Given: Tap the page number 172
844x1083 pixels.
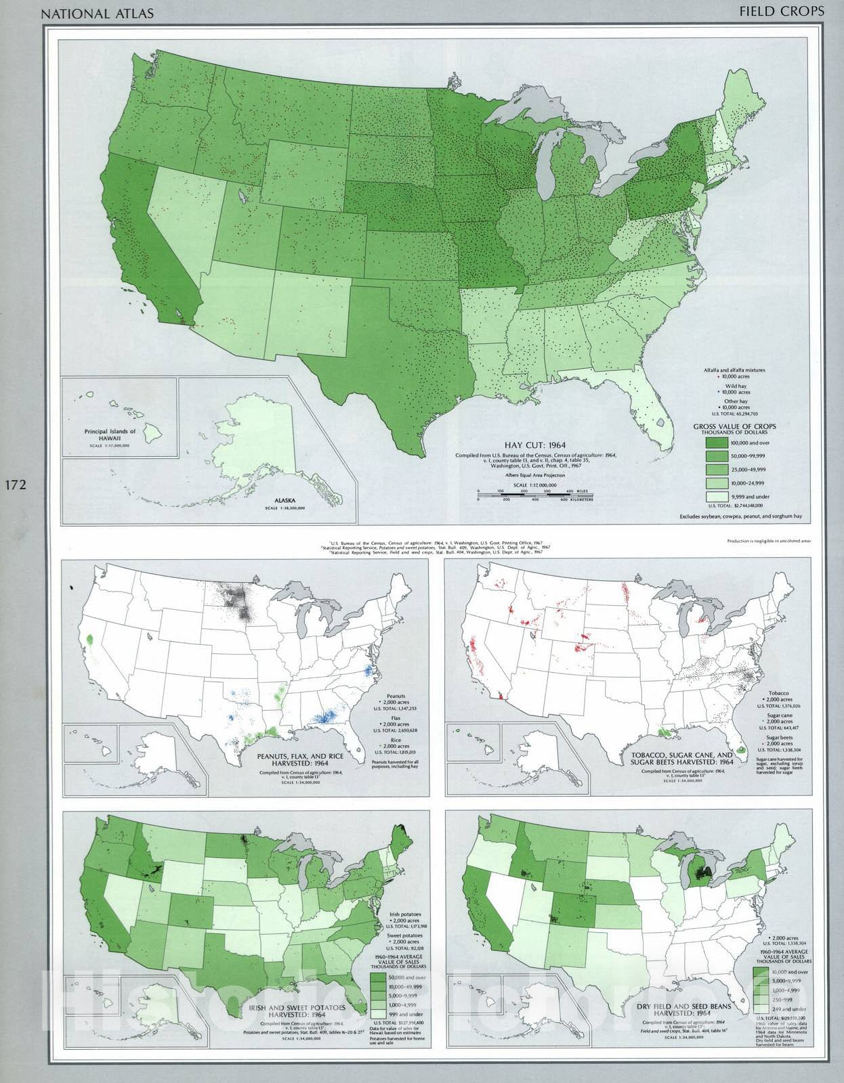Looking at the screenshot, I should (15, 485).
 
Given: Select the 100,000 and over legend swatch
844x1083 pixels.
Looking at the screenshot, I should (722, 443).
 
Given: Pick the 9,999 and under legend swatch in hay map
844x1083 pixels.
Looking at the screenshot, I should (722, 497).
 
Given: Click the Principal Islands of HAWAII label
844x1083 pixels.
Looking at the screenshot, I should (110, 435).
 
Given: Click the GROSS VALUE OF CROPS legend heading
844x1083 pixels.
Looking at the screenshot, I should (734, 427).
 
